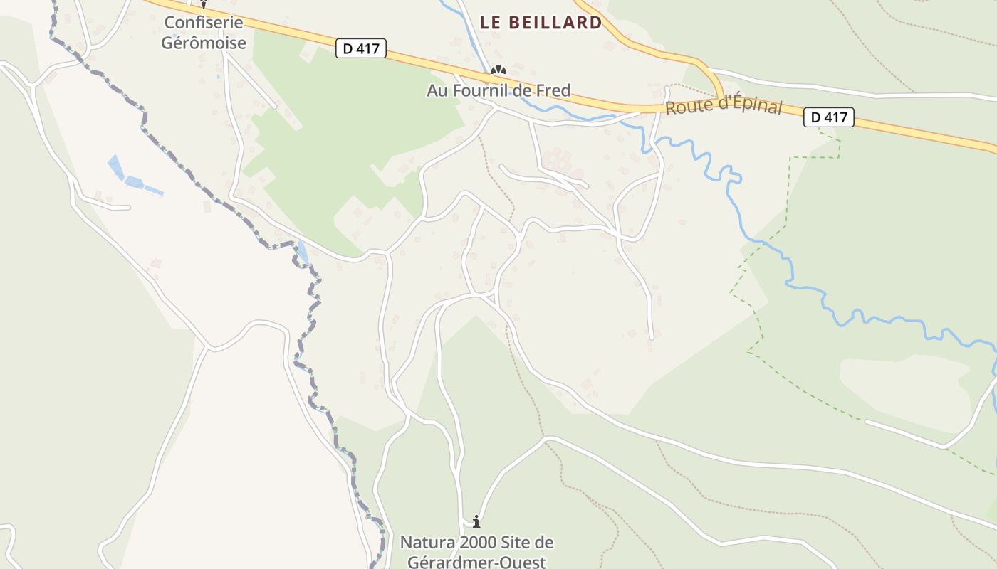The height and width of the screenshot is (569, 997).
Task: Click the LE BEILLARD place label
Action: click(x=541, y=23)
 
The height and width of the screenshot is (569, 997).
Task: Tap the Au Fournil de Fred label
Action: click(x=499, y=90)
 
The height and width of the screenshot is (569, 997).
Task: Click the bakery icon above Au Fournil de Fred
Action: click(x=499, y=70)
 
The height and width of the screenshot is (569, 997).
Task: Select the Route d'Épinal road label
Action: click(x=724, y=107)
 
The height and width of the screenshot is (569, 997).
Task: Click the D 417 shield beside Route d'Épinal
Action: click(x=829, y=117)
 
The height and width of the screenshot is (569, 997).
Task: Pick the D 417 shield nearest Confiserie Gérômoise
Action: click(x=361, y=48)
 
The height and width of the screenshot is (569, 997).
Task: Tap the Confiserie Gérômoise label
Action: click(x=204, y=33)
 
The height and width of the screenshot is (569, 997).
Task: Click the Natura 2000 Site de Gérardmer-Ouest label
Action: click(x=476, y=552)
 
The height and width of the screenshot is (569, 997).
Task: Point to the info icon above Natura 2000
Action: click(x=476, y=521)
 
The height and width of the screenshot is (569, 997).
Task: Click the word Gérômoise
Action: click(x=204, y=43)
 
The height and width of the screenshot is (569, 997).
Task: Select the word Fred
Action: click(x=554, y=90)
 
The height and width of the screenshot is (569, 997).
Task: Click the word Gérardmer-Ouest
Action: click(x=476, y=562)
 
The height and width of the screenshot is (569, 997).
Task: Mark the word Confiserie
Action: click(x=204, y=22)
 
